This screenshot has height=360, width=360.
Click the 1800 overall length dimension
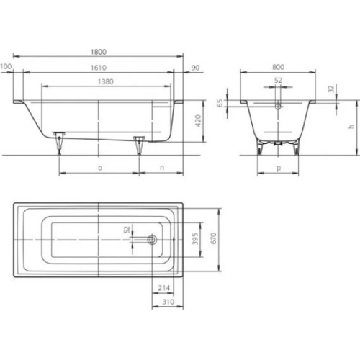(x=99, y=52)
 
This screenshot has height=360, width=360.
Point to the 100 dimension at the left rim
(x=6, y=66)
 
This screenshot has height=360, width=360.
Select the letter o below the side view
(x=99, y=167)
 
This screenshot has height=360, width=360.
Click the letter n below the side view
(x=161, y=167)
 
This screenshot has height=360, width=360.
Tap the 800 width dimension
(x=279, y=66)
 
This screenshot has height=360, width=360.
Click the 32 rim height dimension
(x=330, y=89)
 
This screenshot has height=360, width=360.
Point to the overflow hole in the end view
(x=279, y=104)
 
